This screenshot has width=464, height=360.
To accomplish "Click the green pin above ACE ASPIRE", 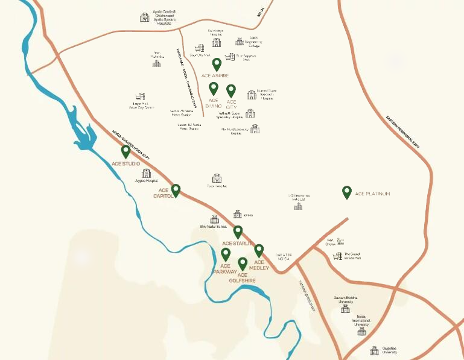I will (x=217, y=65).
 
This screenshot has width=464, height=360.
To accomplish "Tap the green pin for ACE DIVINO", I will (x=213, y=89).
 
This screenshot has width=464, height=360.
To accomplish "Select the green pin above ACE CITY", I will (x=231, y=90).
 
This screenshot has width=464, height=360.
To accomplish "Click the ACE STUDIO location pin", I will (x=126, y=151).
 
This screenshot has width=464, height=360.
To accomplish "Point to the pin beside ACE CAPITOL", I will (x=176, y=191).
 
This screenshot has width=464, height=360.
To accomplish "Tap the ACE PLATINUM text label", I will (x=372, y=194).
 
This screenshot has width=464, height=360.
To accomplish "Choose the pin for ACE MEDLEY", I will (x=259, y=250).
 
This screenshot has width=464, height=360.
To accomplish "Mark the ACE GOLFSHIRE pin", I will (x=243, y=264).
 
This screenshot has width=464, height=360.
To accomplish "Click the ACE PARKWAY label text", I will (x=225, y=269).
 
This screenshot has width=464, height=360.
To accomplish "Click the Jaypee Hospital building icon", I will (x=146, y=173).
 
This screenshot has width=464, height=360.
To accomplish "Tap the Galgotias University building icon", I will (x=374, y=350).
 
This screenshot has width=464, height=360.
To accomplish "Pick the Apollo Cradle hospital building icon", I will (x=144, y=17).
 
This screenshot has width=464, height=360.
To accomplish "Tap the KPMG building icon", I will (x=237, y=215).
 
